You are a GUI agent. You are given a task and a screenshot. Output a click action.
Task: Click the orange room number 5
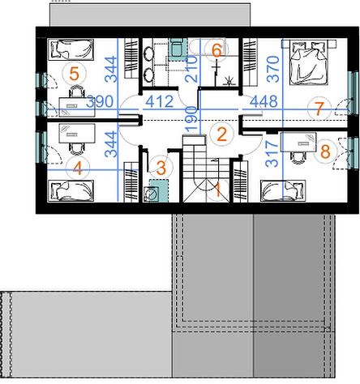tap(74, 74)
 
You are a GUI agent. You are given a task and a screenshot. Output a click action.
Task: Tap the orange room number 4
tap(78, 169)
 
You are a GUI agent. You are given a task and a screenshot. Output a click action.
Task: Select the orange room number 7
tap(319, 109)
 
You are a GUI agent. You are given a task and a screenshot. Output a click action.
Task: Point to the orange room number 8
tap(325, 151)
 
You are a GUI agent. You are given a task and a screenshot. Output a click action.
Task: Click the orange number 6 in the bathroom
tap(216, 50)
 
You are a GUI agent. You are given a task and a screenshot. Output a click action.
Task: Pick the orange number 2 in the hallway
tap(221, 134)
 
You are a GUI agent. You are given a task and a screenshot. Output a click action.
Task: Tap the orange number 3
tap(161, 168)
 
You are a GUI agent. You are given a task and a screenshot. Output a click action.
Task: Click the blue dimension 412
tap(160, 101)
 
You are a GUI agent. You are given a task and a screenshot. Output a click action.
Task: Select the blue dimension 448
tap(264, 101)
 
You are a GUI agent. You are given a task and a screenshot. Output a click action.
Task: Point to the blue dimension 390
tap(100, 101)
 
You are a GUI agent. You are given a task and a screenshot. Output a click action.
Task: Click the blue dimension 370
tap(273, 69)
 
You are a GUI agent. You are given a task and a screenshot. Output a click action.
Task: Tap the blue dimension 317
tap(272, 153)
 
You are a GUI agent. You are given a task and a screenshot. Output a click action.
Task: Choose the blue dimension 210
tap(191, 69)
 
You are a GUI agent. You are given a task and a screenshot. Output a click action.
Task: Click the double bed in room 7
tap(309, 62)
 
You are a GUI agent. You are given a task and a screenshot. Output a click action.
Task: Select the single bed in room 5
tap(71, 49)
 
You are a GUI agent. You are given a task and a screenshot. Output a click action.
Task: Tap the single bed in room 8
tap(283, 191)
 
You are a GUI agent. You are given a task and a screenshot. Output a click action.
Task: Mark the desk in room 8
tap(298, 142)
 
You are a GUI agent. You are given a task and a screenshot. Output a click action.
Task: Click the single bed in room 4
tap(71, 191)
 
